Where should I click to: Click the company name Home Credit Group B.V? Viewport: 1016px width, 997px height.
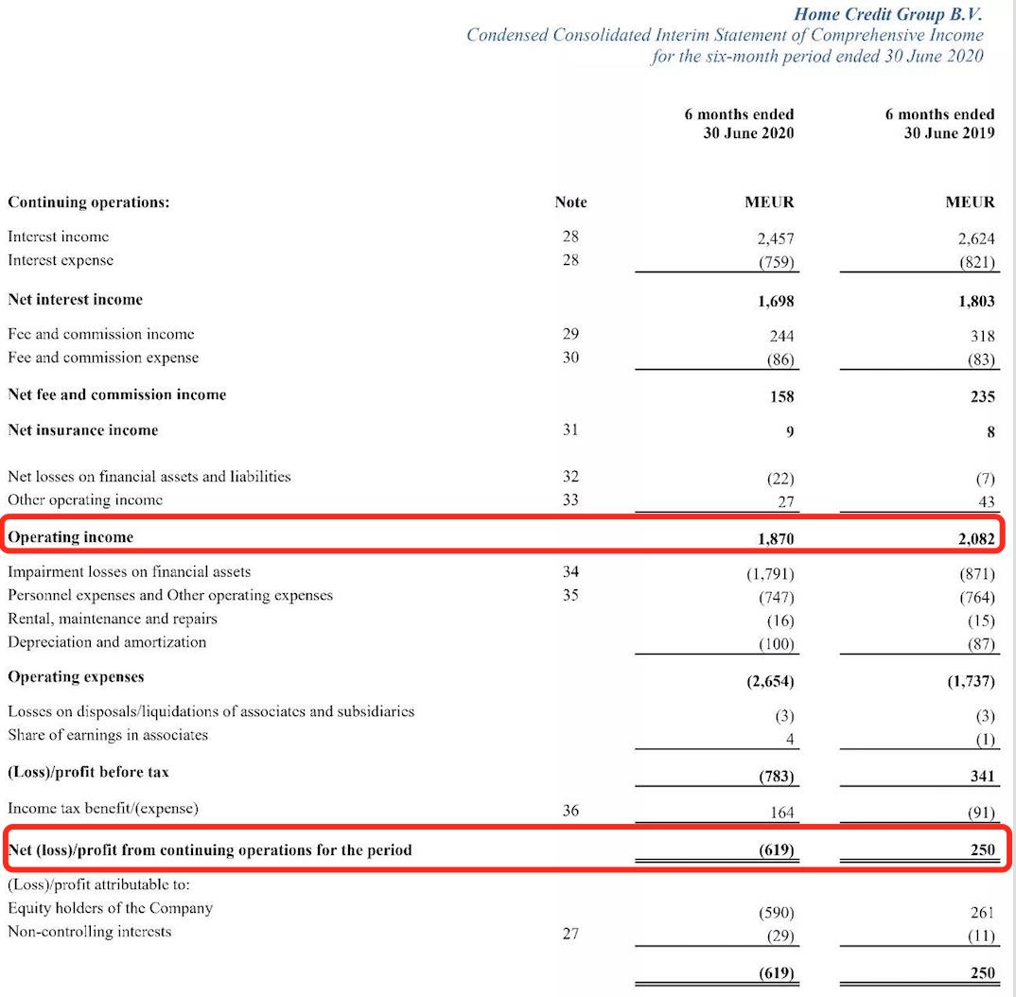pos(888,14)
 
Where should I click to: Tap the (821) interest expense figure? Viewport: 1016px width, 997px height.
pos(975,263)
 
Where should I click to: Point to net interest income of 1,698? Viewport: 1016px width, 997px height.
pos(775,301)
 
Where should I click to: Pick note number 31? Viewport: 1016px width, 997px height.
pos(569,430)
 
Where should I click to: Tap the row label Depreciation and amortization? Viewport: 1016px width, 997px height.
pos(106,642)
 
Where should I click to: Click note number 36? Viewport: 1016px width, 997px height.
pos(569,811)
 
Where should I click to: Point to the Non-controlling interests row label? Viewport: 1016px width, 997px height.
pos(89,932)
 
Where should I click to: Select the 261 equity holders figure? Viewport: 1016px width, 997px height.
pos(982,912)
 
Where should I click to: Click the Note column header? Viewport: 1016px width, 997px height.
pos(570,202)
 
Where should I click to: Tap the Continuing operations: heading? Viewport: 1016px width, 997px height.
pos(89,202)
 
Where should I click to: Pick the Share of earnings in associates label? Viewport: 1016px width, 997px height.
pos(108,735)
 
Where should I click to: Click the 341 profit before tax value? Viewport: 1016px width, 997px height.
pos(982,777)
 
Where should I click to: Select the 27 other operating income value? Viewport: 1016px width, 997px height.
pos(784,501)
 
